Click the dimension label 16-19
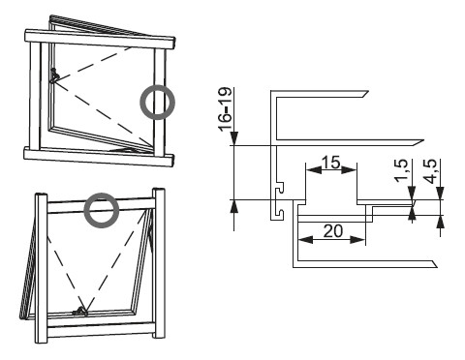(x=226, y=108)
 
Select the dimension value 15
(x=331, y=162)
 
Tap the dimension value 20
(x=333, y=231)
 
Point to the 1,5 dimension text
(x=402, y=171)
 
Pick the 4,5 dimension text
(x=431, y=171)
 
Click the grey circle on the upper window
(x=157, y=103)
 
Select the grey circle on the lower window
(x=102, y=210)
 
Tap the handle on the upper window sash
(x=54, y=75)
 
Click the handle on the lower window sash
(x=80, y=311)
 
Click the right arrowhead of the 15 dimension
(x=349, y=170)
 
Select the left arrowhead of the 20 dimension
(x=305, y=239)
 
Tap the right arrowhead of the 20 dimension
(x=357, y=239)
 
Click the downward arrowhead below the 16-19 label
(x=233, y=138)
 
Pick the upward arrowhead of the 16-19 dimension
(x=233, y=207)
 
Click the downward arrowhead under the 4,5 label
(x=441, y=193)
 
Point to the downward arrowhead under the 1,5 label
(x=412, y=193)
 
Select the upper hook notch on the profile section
(x=280, y=188)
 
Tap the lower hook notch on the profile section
(x=280, y=213)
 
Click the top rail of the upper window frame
(x=100, y=39)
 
